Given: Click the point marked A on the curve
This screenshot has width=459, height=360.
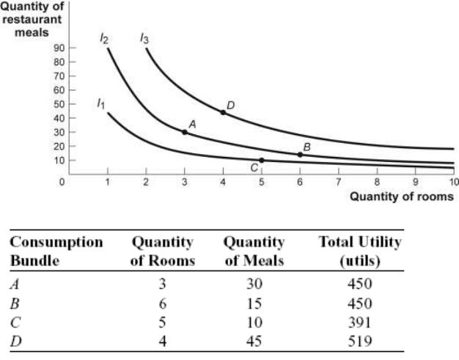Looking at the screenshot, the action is tap(185, 132).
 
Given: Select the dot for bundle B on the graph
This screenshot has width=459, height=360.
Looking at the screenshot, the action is tap(300, 155).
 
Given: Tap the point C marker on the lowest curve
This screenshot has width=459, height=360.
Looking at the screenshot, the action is tap(262, 161).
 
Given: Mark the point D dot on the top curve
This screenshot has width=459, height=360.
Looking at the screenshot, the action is tap(223, 112).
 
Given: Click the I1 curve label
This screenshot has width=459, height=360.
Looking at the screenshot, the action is tap(100, 103).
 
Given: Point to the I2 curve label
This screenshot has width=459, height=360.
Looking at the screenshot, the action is tap(104, 38).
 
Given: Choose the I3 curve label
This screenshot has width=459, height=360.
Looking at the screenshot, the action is tap(144, 38).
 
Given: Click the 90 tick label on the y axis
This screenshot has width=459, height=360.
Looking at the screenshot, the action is tap(59, 48).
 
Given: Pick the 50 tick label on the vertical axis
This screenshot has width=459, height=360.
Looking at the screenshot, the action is tap(59, 104).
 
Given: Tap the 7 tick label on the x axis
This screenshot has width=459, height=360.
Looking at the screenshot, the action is tap(339, 182).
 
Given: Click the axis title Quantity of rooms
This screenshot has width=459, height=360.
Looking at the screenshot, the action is tap(402, 196).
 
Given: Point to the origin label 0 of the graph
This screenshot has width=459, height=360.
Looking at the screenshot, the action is tap(62, 182).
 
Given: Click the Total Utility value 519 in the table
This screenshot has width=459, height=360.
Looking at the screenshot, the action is tap(360, 341).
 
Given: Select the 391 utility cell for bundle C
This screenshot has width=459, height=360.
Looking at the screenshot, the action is tap(360, 323).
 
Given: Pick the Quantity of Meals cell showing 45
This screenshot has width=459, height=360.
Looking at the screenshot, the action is tap(254, 341).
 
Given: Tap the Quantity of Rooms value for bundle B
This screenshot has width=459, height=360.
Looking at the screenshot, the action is tap(163, 304).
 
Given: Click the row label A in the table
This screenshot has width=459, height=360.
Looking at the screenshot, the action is tap(15, 284).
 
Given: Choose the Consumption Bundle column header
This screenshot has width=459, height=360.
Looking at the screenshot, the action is tap(56, 251).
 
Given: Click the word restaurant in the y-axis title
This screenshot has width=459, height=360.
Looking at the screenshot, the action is tap(32, 20).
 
